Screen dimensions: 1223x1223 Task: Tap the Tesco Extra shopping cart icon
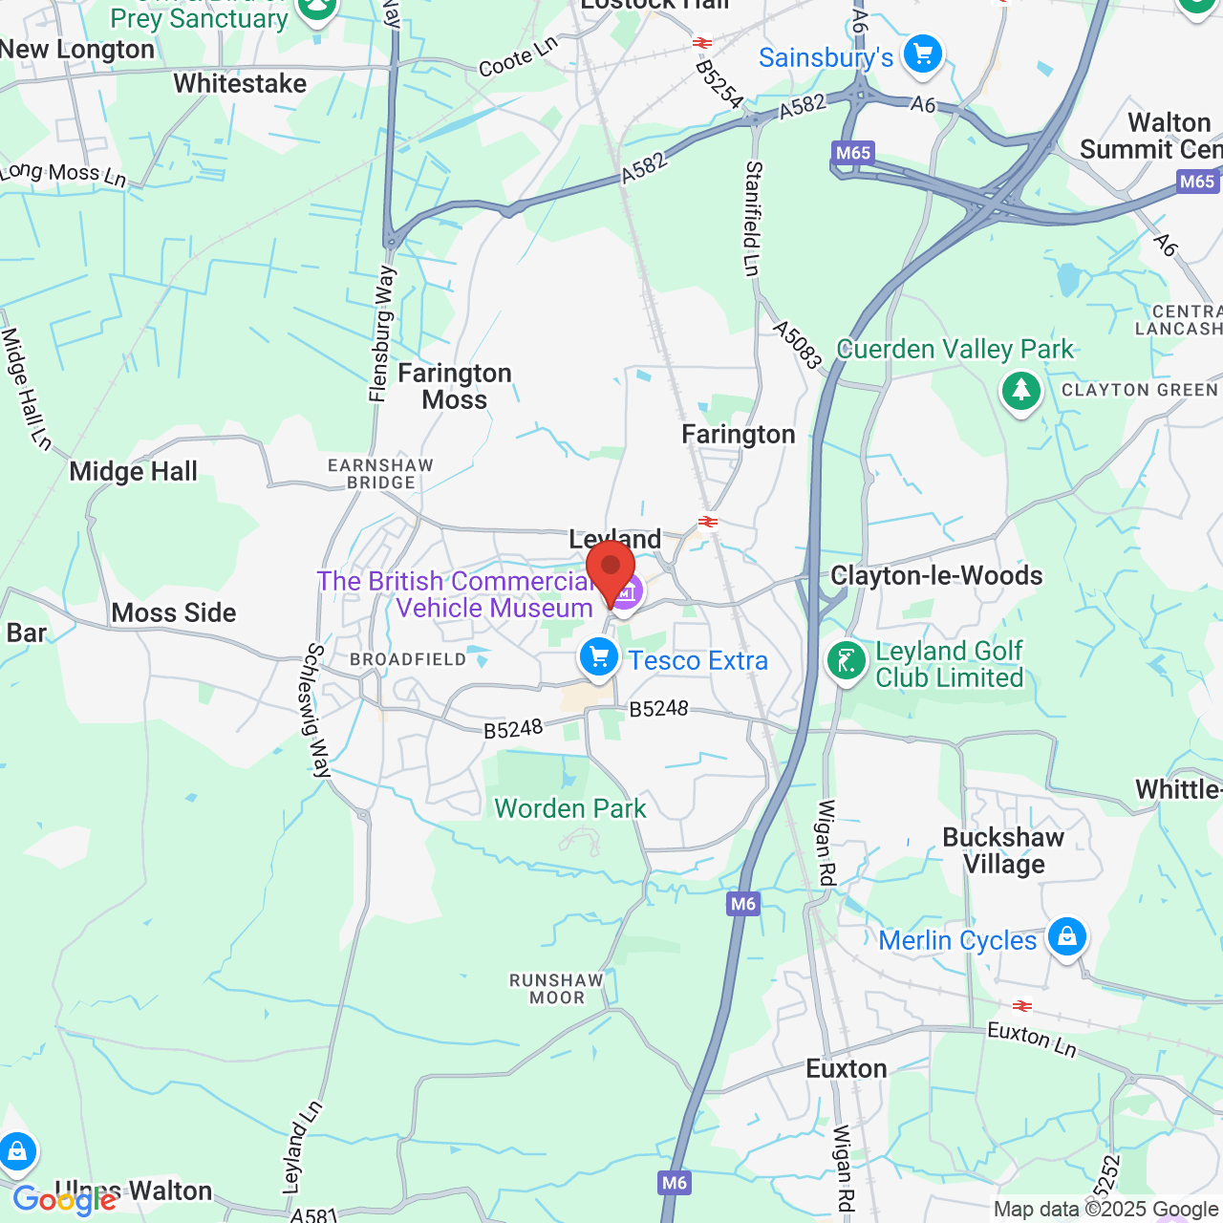click(x=599, y=658)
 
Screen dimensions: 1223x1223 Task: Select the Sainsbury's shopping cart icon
click(x=922, y=54)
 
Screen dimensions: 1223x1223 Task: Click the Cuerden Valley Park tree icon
click(x=1020, y=391)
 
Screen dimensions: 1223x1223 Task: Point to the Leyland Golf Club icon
click(x=846, y=661)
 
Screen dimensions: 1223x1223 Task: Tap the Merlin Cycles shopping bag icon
click(x=1066, y=937)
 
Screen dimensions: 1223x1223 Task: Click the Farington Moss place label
click(x=455, y=386)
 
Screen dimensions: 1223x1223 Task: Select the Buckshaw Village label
click(x=1003, y=850)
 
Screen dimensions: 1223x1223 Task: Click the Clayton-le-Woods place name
click(x=936, y=575)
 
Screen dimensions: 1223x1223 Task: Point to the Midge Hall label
click(x=134, y=471)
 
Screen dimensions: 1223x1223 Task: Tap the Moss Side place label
click(x=174, y=612)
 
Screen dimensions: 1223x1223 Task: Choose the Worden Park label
click(x=570, y=808)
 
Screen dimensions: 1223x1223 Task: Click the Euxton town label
click(x=847, y=1068)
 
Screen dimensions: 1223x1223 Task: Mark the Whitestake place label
click(x=240, y=84)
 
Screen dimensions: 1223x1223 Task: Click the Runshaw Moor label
click(x=556, y=989)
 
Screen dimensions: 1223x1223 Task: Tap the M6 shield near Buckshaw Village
click(x=742, y=904)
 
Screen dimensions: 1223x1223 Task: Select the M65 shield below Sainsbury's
click(x=852, y=153)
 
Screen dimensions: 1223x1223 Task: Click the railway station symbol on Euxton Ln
click(x=1022, y=1005)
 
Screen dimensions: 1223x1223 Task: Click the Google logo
click(x=64, y=1199)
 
